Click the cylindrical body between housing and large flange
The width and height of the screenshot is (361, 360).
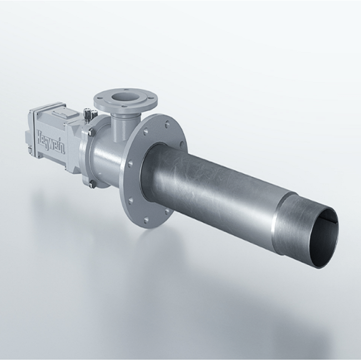108,156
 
